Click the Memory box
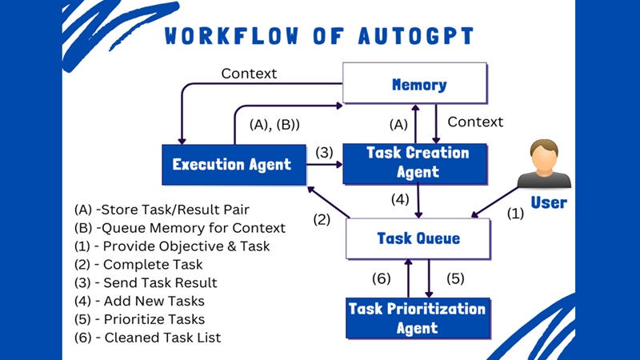[x=415, y=84]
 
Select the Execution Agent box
[x=233, y=165]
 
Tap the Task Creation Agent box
[x=414, y=162]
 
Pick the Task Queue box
[x=418, y=238]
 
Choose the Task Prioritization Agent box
[x=416, y=318]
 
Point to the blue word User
[x=549, y=202]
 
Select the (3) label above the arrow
[x=323, y=152]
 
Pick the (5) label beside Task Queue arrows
[x=455, y=279]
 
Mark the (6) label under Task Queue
[x=381, y=279]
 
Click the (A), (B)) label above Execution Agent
[x=274, y=125]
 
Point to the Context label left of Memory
[x=249, y=74]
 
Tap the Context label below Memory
[x=475, y=122]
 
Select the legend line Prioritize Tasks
[x=138, y=319]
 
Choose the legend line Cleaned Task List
[x=147, y=338]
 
